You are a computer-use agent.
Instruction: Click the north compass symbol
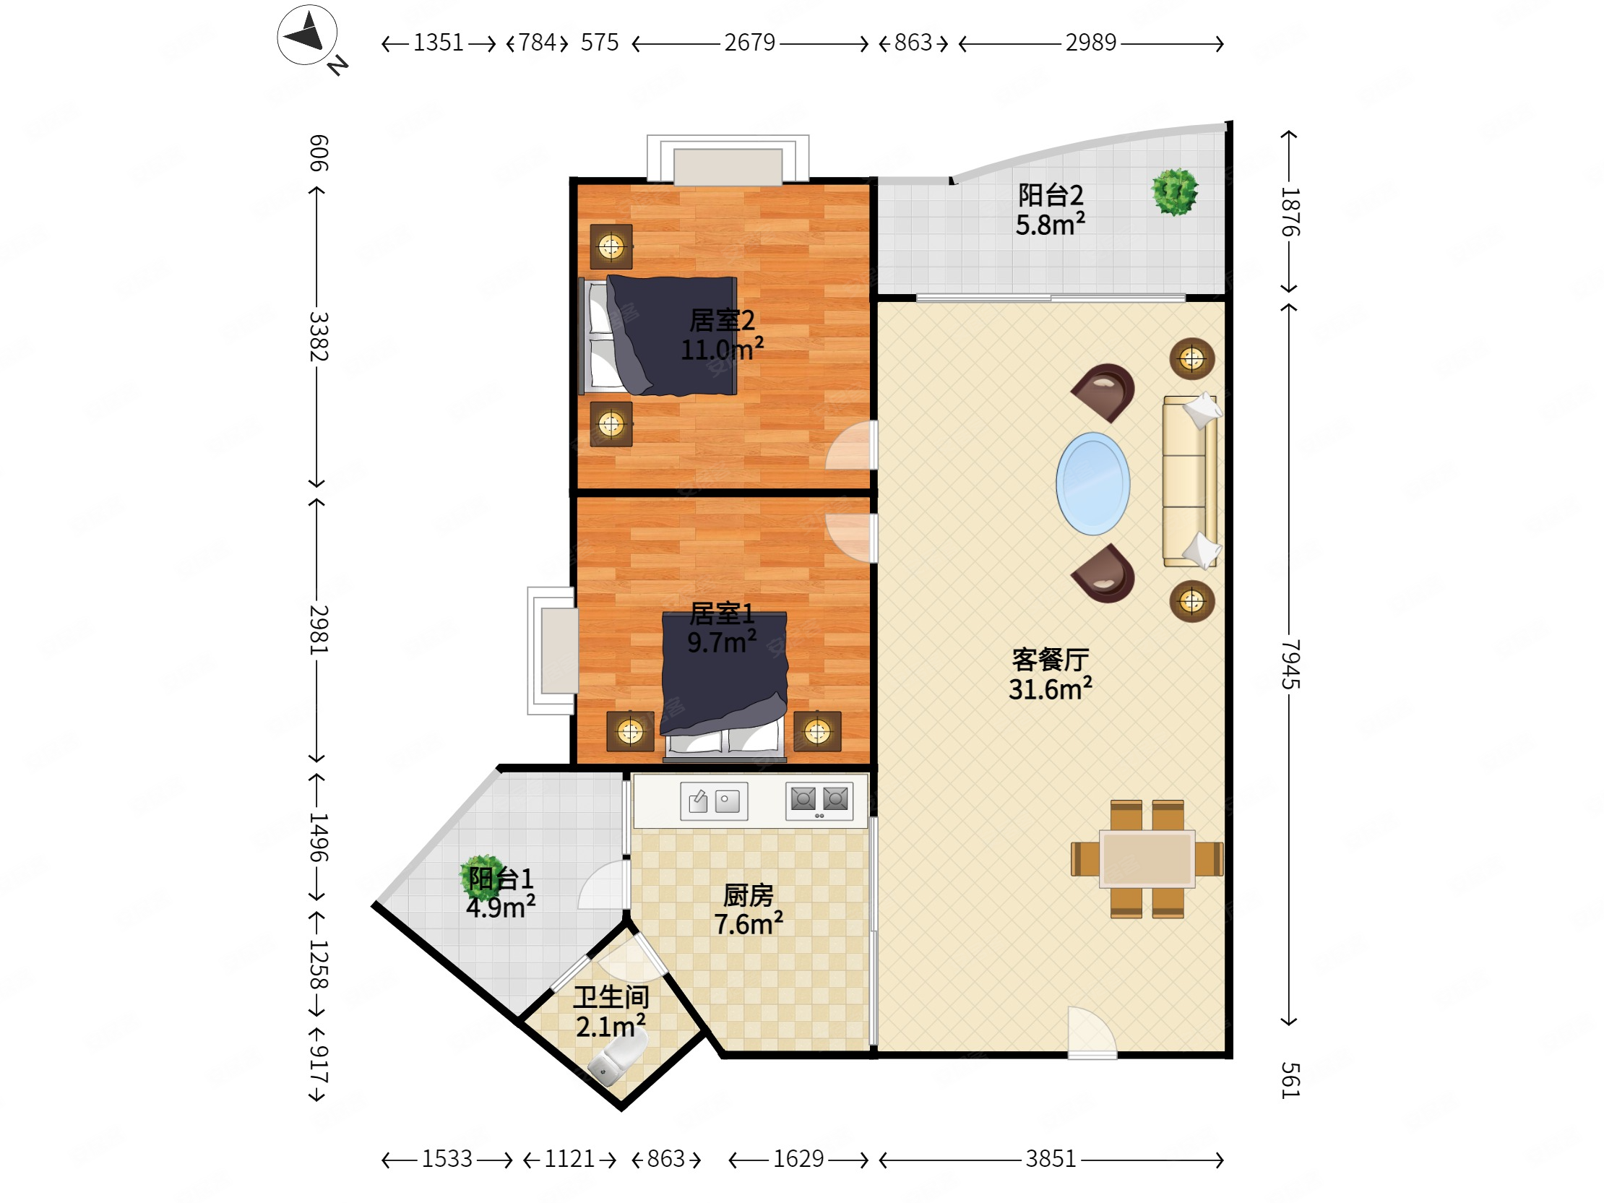pos(308,35)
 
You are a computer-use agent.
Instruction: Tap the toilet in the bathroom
pos(617,1059)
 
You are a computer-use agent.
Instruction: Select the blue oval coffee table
pos(1092,483)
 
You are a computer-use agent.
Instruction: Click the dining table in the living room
pos(1147,859)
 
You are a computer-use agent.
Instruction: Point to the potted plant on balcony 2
pos(1175,192)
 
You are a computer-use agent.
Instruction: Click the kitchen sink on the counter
pos(714,801)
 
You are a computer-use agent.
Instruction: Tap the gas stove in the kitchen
pos(819,801)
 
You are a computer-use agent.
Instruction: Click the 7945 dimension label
pos(1290,664)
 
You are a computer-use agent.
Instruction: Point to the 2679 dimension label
pos(750,43)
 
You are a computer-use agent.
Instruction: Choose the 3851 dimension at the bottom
pos(1051,1159)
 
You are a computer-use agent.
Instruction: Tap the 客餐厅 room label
pos(1051,659)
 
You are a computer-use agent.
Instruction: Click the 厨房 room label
pos(749,895)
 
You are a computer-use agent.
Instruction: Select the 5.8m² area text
pos(1050,225)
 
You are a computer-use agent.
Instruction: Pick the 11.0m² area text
pos(722,350)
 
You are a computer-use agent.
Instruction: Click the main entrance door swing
pos(1092,1032)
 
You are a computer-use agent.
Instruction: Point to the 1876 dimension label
pos(1290,212)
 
